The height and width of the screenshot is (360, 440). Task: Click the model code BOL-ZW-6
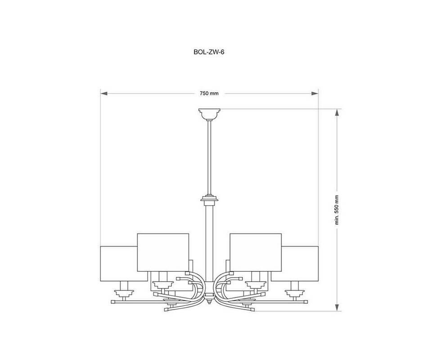209,52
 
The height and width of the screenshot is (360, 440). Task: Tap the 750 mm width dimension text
209,94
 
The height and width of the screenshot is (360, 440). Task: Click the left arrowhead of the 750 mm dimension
104,94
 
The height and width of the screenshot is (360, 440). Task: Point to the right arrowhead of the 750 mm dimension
314,94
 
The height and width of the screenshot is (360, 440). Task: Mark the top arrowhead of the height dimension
337,112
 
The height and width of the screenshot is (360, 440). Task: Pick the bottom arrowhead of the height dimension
337,307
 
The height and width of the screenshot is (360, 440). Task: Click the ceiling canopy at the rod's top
209,114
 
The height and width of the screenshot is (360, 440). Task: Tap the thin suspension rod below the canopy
209,157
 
